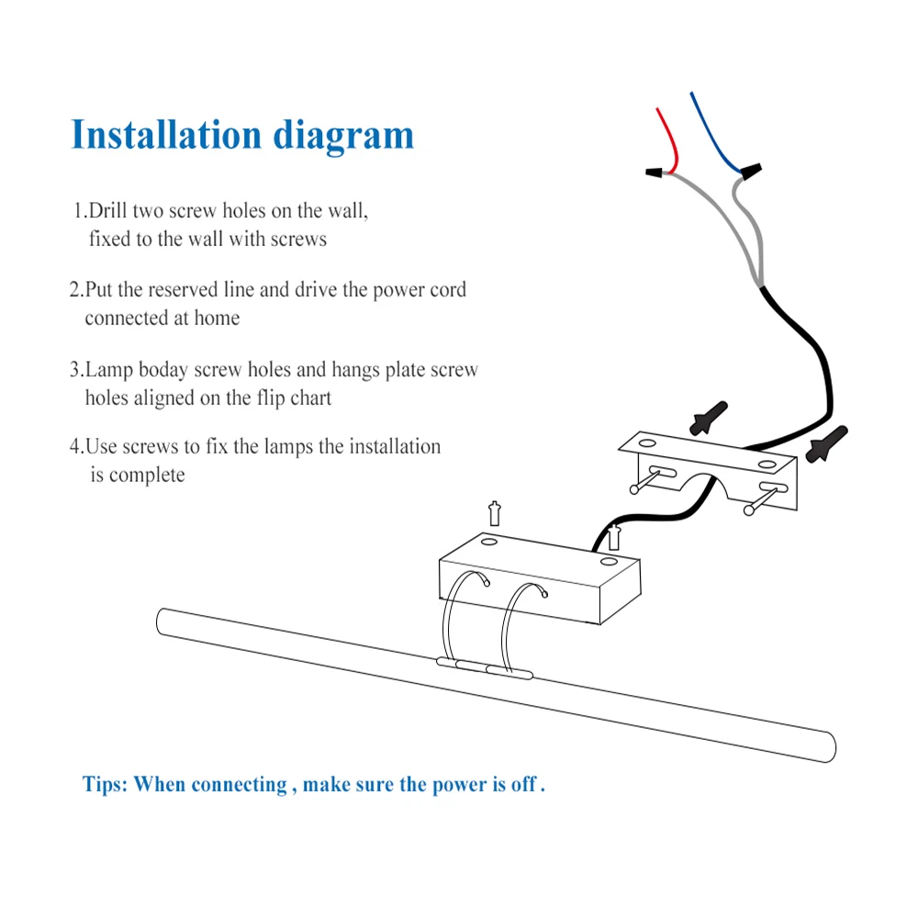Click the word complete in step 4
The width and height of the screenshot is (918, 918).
pos(147,476)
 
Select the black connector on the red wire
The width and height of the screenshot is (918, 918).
pos(655,172)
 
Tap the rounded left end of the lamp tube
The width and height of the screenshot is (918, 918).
pos(162,621)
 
